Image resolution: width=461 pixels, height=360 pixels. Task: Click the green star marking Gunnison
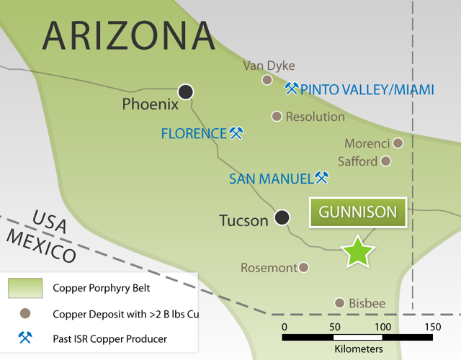pos(358,251)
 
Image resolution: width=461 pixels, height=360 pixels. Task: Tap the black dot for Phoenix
pos(187,91)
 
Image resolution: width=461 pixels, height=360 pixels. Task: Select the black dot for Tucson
pos(282,217)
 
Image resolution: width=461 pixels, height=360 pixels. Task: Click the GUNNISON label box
pos(358,212)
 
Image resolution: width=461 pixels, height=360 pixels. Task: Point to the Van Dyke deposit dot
pos(267,80)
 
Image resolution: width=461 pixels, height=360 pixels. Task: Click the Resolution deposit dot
pos(277,116)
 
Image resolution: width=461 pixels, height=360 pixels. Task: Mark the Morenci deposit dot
pos(398,143)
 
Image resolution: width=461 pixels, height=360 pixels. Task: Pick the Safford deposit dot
pos(386,161)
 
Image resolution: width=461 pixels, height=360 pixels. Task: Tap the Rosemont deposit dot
pos(304,267)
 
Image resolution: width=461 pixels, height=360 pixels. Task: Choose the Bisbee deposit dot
pos(340,303)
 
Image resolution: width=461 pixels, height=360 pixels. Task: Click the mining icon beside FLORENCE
pos(236,133)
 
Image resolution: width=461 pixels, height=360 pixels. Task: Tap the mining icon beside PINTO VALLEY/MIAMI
pos(292,89)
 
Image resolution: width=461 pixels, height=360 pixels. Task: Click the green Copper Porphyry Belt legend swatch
pos(25,289)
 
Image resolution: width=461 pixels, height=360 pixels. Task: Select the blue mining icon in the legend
pos(25,338)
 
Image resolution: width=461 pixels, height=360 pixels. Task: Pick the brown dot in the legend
pos(25,314)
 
